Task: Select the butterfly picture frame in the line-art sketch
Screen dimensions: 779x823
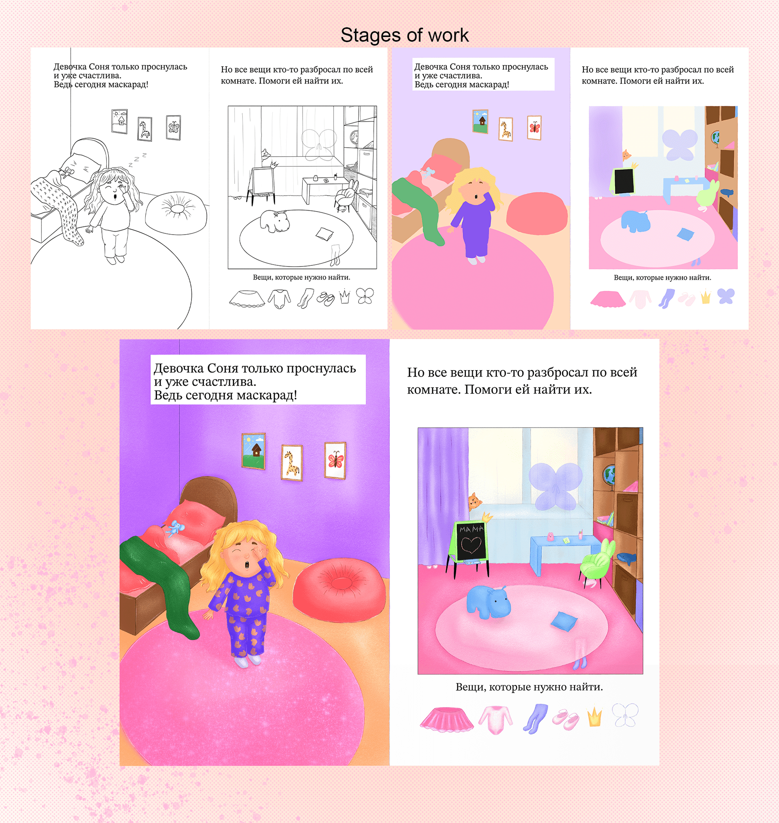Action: (x=173, y=127)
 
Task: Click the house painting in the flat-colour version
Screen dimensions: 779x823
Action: (x=480, y=121)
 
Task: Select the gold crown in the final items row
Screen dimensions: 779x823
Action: (x=595, y=717)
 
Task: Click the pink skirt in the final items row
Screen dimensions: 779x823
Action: (x=446, y=719)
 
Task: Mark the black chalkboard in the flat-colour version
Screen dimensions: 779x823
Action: (x=624, y=181)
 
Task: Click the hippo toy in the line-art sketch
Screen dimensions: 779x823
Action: (x=275, y=220)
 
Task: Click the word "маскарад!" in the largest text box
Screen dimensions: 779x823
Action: (x=267, y=395)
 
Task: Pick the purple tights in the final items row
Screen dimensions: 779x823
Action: (x=535, y=718)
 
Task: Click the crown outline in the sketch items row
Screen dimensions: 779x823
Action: (x=344, y=297)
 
